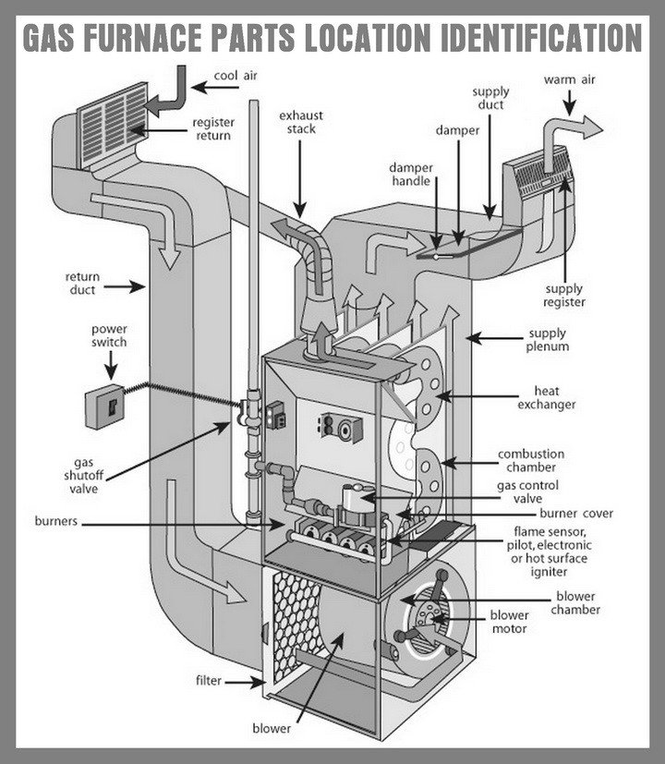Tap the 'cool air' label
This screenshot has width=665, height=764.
point(236,76)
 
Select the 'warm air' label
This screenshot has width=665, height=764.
point(570,79)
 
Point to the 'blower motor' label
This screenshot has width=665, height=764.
point(509,622)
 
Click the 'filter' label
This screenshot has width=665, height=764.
point(208,682)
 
